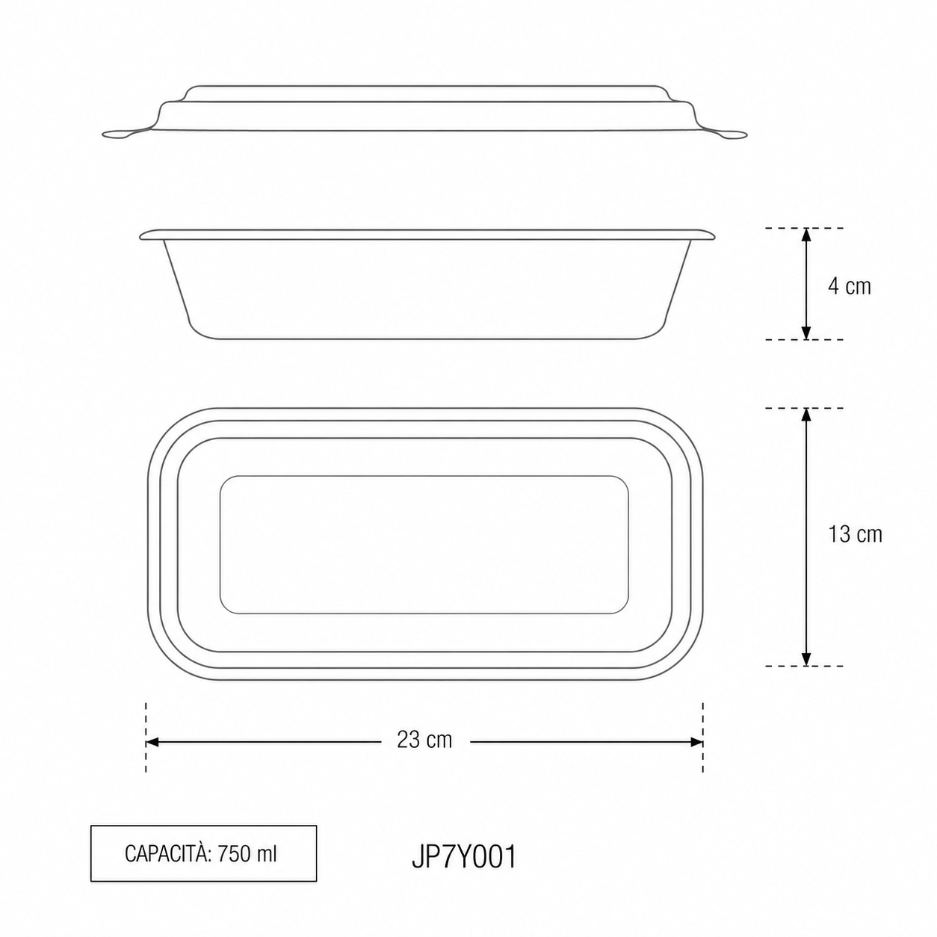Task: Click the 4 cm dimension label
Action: click(x=849, y=286)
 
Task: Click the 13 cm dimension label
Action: click(x=855, y=534)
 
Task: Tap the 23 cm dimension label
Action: click(x=424, y=740)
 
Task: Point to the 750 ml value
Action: click(x=247, y=854)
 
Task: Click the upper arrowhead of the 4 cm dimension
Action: click(x=806, y=235)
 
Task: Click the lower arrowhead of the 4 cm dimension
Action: click(x=806, y=332)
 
